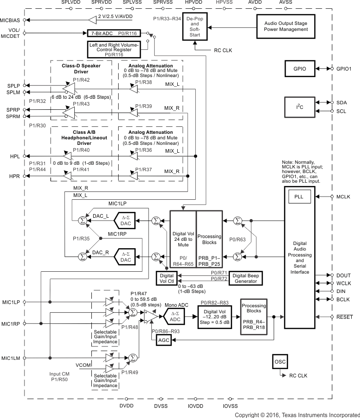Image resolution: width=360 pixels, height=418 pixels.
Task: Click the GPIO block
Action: point(300,68)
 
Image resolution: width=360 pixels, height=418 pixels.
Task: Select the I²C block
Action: point(300,107)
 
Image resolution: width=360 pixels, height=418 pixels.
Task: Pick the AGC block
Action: point(164,340)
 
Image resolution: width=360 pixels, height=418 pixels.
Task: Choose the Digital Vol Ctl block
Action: point(166,279)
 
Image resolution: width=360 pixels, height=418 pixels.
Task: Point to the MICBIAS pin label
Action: point(11,20)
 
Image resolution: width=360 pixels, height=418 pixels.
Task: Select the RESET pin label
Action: point(344,317)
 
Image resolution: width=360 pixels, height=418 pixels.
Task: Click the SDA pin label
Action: point(342,102)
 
